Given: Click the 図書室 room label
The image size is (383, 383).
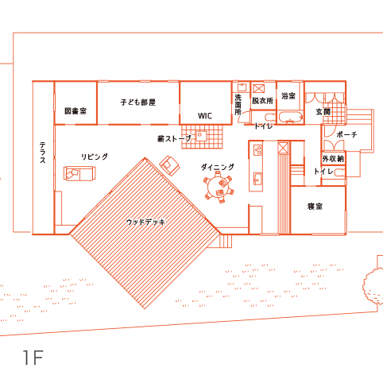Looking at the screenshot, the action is coord(75,111).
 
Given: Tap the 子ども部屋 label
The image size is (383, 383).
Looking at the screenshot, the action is coord(138,103).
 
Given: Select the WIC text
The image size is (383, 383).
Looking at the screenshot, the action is coord(205,116).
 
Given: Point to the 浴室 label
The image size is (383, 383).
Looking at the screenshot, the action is coord(288,95).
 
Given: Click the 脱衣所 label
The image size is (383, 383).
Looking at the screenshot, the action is coord(262,101).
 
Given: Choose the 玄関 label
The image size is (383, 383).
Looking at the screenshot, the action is coord(323,112).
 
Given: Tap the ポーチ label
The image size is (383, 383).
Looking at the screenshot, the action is coord(346,135).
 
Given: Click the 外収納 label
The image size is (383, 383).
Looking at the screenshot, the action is coord(333,159).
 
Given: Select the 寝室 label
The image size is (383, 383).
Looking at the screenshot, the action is coord(315,207).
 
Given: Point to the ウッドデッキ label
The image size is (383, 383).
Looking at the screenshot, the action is coord(145,222).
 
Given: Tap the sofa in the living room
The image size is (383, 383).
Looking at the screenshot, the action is coord(79,173).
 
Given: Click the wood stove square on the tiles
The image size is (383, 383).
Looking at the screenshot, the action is coord(201,136).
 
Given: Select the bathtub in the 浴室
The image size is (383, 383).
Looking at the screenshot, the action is coord(291,118).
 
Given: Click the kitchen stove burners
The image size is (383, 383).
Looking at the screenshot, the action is coord(257,150).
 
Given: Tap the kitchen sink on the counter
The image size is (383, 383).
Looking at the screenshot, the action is coord(257,179).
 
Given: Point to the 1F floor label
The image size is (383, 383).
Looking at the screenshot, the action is coord(33,358).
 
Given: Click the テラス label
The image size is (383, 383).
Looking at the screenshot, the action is coord(43,153).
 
